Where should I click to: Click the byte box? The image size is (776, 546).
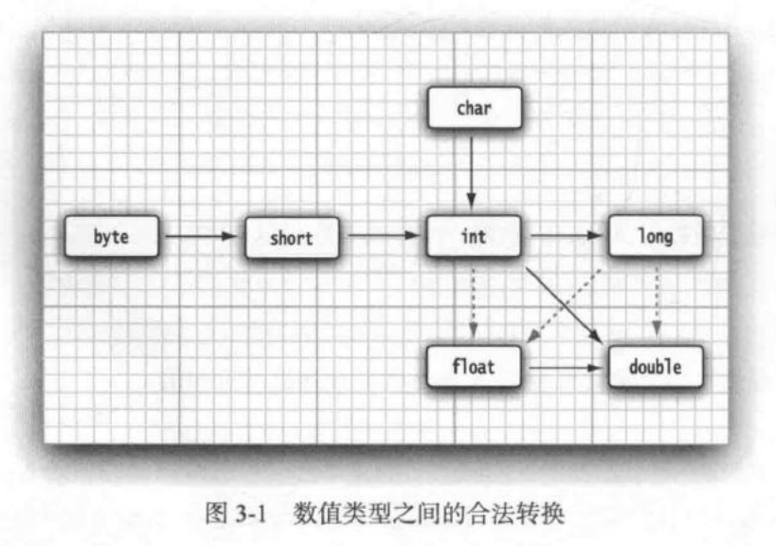pos(111,237)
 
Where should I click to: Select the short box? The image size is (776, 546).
pos(291,237)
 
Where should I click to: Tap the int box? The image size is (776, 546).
pos(473,236)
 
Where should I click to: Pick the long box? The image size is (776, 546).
pos(655,236)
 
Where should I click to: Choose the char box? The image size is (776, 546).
pos(473,108)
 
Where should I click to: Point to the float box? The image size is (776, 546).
pos(473,365)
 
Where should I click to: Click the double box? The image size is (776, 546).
pos(655,365)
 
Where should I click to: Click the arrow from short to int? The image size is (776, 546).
pos(382,237)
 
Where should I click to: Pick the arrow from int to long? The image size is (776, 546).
pos(564,237)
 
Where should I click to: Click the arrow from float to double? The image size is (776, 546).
pos(564,365)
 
